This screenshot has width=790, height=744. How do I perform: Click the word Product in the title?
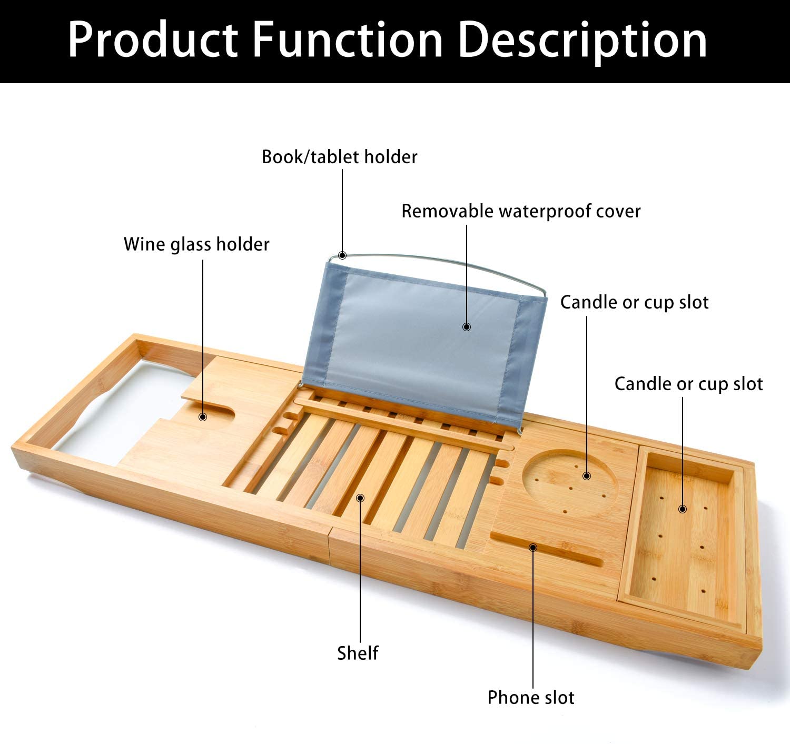click(153, 40)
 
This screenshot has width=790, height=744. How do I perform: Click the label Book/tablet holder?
click(339, 157)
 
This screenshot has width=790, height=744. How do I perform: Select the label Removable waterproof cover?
click(521, 211)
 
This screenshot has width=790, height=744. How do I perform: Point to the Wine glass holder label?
click(196, 244)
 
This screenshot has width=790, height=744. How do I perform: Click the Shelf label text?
click(358, 653)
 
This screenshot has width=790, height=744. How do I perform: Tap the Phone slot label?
click(531, 698)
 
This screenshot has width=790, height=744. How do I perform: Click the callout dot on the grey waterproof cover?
click(467, 326)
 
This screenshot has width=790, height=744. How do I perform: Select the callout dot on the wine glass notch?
click(202, 417)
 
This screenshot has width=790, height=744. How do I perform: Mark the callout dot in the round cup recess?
click(586, 475)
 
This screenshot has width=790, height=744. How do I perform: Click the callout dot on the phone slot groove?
click(533, 548)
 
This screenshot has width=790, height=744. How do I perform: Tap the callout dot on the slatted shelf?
click(360, 498)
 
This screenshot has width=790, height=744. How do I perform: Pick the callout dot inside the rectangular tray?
click(683, 509)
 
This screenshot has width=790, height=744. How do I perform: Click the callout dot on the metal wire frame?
click(342, 255)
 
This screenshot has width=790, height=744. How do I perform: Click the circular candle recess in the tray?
click(570, 483)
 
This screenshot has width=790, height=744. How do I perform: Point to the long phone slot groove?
click(547, 549)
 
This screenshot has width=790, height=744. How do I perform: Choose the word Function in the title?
click(348, 40)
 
